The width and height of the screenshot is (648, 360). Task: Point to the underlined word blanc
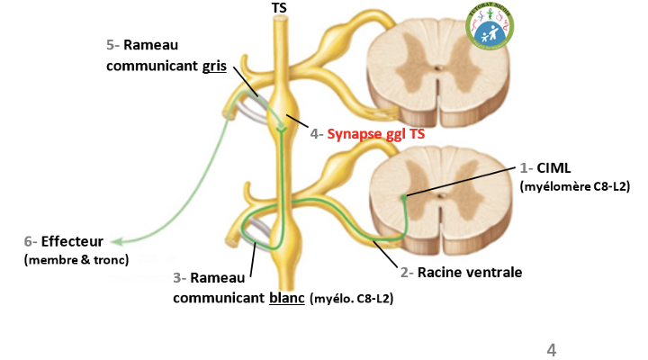coord(286,296)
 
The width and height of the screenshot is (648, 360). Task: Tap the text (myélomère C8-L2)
coord(574,186)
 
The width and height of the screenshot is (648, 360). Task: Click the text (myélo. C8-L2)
coord(351,297)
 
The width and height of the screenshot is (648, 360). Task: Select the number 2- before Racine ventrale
coord(406,271)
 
